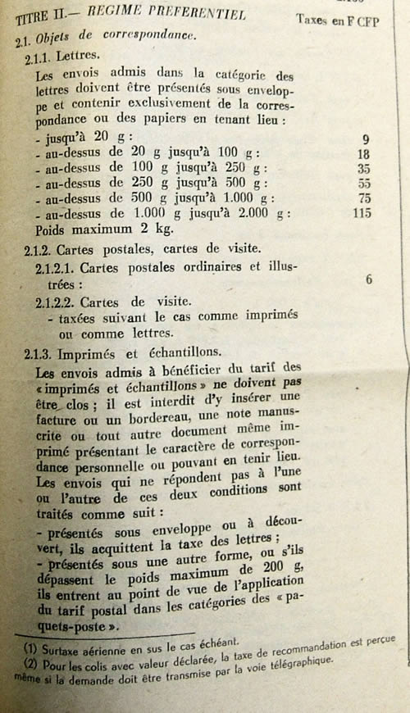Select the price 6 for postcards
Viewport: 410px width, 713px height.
(369, 279)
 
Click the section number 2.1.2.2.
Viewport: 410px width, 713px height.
(54, 302)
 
